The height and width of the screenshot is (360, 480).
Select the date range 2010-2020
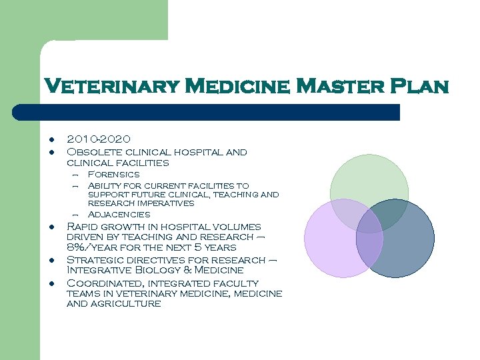[x=99, y=139]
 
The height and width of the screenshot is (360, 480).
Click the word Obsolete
[x=97, y=152]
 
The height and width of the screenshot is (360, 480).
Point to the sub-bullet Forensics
[x=114, y=174]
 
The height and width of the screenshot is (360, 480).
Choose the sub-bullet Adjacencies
[x=119, y=214]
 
